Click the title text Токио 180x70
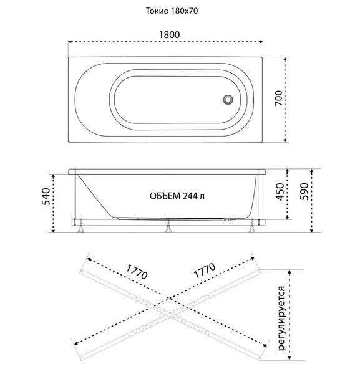(x=172, y=11)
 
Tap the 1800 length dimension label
(x=170, y=35)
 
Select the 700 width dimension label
(x=278, y=98)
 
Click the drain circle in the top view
(x=228, y=99)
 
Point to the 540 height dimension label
(x=46, y=196)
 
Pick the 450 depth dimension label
(x=280, y=192)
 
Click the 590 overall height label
(x=304, y=191)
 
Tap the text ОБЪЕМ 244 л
(x=177, y=196)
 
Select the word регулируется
(x=281, y=318)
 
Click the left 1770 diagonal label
(x=137, y=272)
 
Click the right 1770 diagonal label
(x=205, y=270)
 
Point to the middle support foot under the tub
(x=168, y=227)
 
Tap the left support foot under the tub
(x=81, y=226)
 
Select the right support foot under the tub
(x=252, y=226)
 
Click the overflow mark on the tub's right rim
(x=253, y=100)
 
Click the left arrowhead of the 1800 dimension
(x=70, y=42)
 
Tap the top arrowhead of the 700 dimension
(x=285, y=59)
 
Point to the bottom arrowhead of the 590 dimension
(x=312, y=231)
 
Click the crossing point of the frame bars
(x=170, y=316)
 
